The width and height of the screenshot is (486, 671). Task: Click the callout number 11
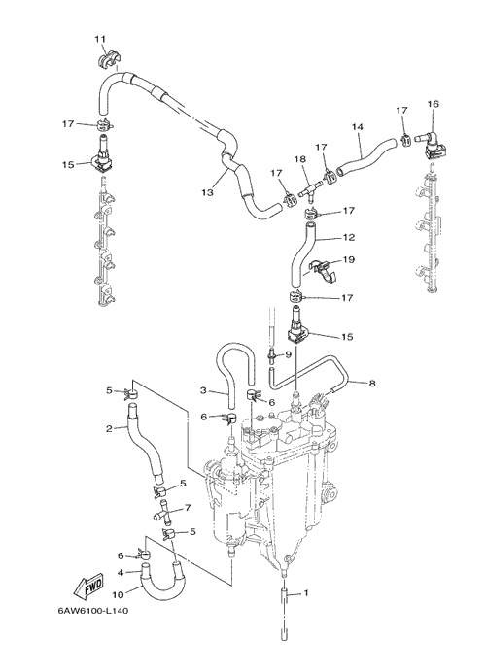100,39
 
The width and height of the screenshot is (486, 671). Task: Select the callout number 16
433,104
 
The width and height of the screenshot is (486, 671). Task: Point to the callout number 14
358,127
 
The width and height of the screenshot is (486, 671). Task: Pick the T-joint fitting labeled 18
310,188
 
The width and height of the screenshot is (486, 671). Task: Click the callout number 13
208,193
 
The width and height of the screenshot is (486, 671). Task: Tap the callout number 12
349,237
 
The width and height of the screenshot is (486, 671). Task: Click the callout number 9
288,354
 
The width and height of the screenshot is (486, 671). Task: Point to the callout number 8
372,384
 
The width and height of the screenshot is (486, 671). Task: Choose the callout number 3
203,389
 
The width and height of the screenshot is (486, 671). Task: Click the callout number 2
109,428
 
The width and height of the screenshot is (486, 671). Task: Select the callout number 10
118,595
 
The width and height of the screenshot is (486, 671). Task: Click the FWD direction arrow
88,586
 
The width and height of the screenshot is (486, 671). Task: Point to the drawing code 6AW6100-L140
93,611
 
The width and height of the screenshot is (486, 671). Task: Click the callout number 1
306,593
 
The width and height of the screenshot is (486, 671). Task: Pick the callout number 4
121,572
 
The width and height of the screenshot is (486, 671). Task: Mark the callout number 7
188,508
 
